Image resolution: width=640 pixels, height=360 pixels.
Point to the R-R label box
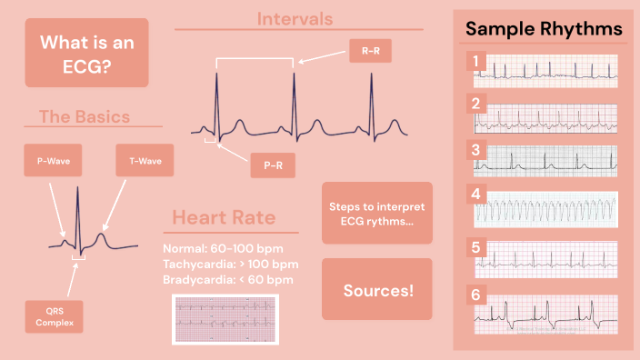tap(371, 52)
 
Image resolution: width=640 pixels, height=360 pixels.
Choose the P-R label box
tap(273, 165)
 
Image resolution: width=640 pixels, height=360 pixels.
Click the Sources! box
tap(376, 290)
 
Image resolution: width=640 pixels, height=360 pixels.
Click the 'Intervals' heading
tap(295, 18)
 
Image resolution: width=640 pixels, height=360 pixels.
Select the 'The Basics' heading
tap(84, 116)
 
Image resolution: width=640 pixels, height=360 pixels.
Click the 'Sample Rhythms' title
tap(544, 29)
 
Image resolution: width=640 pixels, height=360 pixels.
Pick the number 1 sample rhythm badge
tap(475, 62)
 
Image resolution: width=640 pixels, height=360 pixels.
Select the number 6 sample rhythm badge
tap(475, 295)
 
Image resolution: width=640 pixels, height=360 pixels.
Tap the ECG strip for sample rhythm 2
tap(545, 116)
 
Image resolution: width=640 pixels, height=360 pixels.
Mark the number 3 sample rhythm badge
tap(475, 149)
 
